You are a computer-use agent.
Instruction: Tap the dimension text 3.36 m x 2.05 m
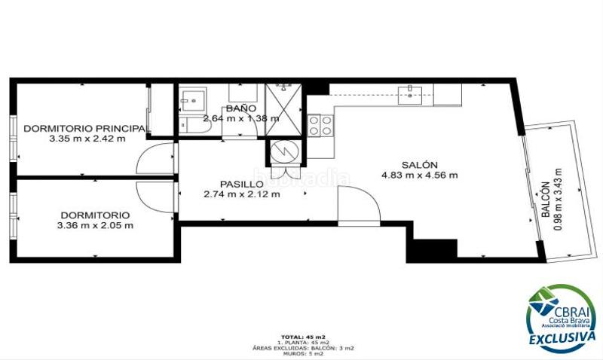(95, 224)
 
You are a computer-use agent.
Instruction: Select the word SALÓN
(420, 164)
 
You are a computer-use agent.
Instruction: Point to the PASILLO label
(241, 184)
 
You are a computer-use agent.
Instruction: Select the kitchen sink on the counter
(411, 93)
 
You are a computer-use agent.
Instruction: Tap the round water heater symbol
(285, 151)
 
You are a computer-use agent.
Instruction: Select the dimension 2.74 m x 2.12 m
(241, 194)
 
